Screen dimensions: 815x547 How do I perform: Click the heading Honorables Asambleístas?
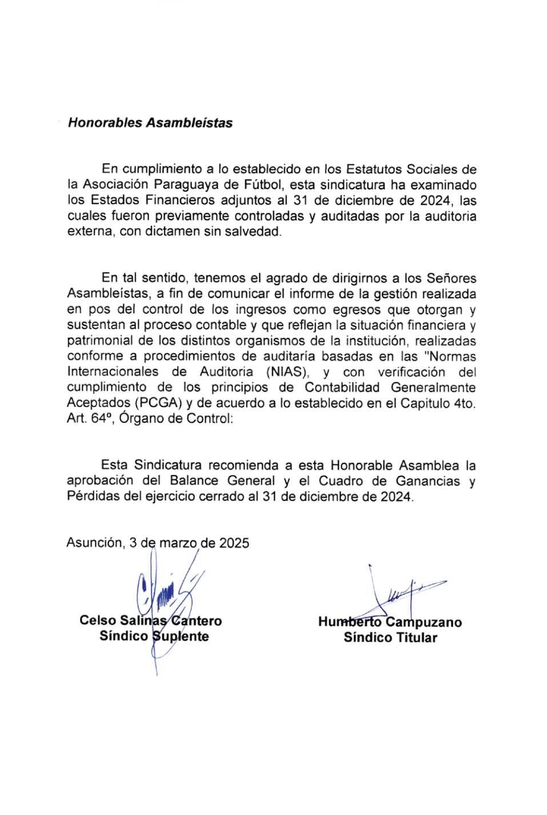pos(150,123)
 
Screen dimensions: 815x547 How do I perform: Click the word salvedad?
pos(253,233)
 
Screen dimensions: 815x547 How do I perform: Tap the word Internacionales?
pos(116,372)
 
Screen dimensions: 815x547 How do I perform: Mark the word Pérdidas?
pos(93,496)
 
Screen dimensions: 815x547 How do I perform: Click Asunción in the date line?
pos(94,543)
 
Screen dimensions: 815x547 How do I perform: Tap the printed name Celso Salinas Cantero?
pos(151,621)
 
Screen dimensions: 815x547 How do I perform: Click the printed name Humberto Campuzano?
pos(390,622)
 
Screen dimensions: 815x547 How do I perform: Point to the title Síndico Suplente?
pos(154,637)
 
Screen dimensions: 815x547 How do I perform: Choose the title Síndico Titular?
pos(390,638)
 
